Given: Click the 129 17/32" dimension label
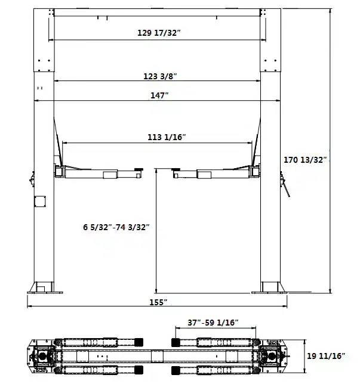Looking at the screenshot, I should [x=159, y=33].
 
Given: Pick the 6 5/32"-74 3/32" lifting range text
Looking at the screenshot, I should [x=116, y=227].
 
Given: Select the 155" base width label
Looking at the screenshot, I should [x=158, y=302].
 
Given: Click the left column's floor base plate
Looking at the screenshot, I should [x=44, y=292].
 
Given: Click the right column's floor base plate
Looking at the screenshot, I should [x=272, y=292].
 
